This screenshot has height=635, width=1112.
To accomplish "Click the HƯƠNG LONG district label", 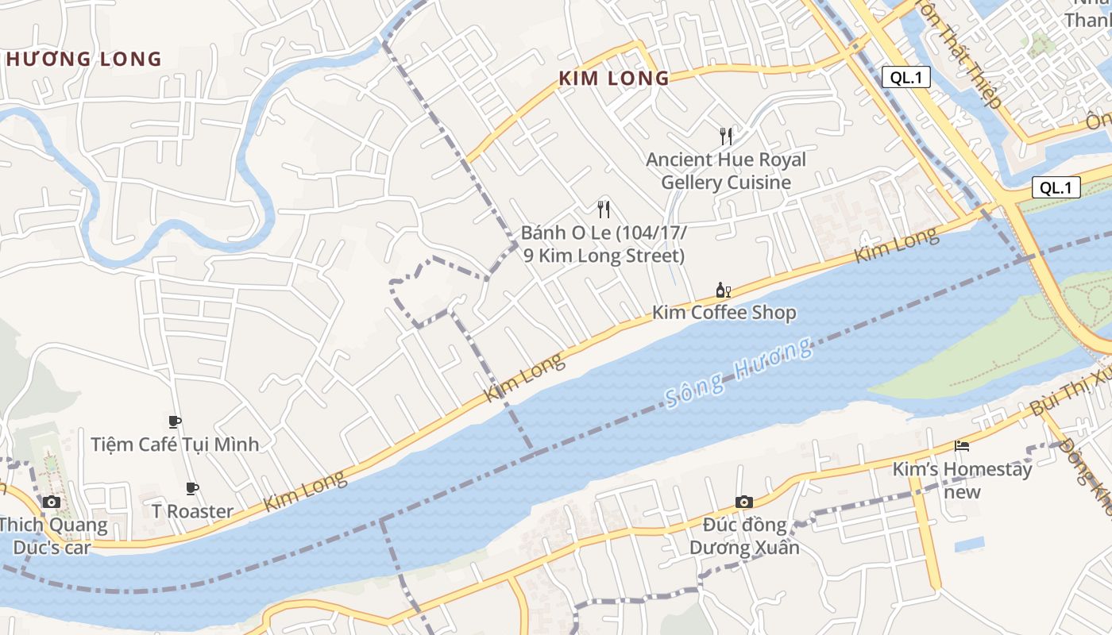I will point(83,59).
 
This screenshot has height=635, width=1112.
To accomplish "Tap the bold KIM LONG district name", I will point(614,79).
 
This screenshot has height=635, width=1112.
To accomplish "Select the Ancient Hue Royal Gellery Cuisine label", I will point(726,171).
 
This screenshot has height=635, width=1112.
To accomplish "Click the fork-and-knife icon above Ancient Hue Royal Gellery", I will point(725,136).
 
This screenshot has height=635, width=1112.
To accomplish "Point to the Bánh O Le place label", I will point(604,244).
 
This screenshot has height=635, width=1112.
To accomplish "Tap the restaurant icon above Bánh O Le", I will point(604,210).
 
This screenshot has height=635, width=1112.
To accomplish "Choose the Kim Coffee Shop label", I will point(724,312).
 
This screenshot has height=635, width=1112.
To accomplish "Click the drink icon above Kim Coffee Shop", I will point(723,290).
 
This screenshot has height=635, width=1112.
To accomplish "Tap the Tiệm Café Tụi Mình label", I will point(175,444).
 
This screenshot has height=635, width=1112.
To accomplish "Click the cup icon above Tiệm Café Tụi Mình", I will point(175,421).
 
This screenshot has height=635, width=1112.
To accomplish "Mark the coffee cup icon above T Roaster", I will point(191,488).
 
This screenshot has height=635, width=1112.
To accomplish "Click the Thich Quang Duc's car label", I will point(52,536).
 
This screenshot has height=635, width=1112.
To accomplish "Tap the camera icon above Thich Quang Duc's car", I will point(52,502).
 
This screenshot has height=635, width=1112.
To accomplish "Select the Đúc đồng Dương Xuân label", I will point(744,536).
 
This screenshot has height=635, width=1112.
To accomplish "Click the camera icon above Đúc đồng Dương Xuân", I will point(743,502).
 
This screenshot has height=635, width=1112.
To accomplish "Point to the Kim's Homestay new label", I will point(962,480).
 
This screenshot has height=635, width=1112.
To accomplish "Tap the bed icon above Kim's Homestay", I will point(962,446).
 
